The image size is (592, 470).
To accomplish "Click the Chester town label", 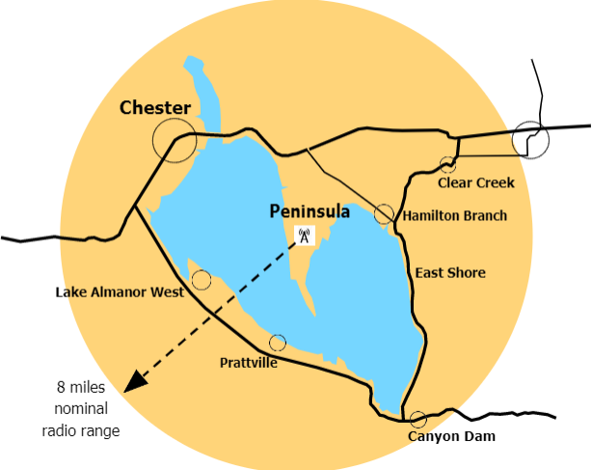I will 155,108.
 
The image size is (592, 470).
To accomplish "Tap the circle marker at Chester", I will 175,141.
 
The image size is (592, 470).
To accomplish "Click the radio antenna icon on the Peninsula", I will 304,235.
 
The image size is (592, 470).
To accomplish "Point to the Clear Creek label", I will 476,182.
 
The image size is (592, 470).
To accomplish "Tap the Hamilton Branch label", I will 455,215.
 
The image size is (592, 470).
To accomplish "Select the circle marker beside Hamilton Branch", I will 384,214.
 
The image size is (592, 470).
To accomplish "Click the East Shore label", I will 450,273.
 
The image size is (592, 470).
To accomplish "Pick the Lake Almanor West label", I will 119,292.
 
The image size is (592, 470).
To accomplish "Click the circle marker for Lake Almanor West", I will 202,280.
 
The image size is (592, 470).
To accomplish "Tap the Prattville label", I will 250,363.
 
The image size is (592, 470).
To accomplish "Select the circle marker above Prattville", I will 278,343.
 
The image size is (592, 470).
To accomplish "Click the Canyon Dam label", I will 451,437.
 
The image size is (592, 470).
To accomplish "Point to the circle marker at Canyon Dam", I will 418,420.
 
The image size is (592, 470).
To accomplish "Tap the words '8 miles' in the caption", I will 80,389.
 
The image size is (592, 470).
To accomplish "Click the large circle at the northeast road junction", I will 530,140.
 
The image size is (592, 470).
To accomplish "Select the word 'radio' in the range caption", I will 59,431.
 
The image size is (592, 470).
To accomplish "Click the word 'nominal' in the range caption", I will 81,410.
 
